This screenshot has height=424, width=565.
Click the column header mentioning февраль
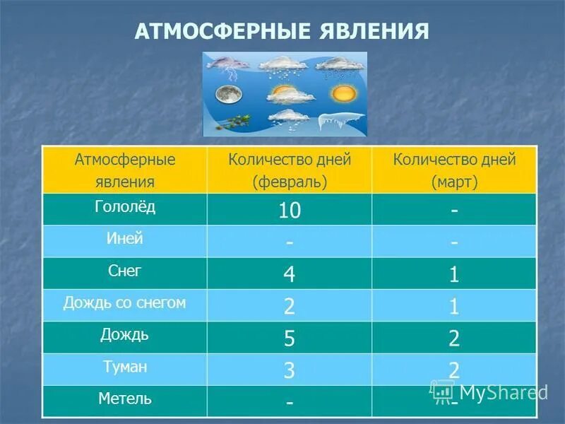point(290,170)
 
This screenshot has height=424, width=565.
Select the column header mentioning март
point(455,170)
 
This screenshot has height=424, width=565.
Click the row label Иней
point(124,239)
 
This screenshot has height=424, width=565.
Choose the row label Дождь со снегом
point(124,302)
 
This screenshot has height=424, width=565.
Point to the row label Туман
point(124,367)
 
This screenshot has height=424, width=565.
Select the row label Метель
point(124,399)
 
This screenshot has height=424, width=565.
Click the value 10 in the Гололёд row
point(290,210)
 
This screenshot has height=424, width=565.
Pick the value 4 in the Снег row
point(290,274)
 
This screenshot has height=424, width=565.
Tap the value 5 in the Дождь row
point(290,338)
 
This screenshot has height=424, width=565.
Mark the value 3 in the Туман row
point(290,370)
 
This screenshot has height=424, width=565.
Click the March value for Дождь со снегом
point(454,306)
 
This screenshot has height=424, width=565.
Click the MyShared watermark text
point(503,393)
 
